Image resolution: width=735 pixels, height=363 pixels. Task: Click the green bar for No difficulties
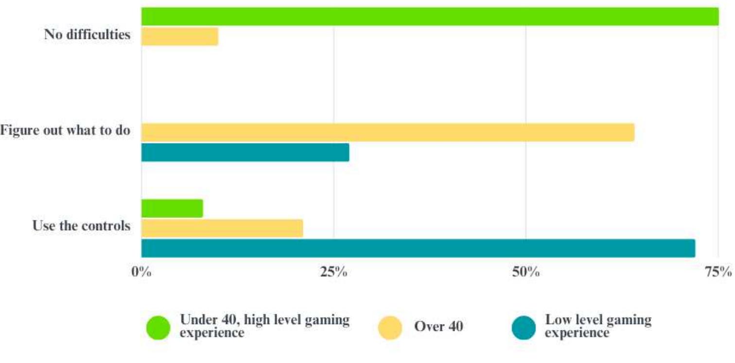tap(430, 17)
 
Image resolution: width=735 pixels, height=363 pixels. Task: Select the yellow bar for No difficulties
tap(179, 36)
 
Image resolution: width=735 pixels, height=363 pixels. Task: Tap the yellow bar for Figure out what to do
tap(387, 132)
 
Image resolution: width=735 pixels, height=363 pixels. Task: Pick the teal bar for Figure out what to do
tap(245, 152)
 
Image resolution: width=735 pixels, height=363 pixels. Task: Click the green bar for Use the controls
tap(172, 208)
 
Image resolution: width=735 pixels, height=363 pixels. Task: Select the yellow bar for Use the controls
tap(222, 228)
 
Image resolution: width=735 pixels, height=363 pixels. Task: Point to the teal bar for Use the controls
tap(418, 248)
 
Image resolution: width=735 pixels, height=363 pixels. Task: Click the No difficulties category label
tap(87, 35)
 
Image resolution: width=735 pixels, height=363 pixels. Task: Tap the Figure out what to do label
tap(65, 131)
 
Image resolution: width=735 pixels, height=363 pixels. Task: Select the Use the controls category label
tap(81, 226)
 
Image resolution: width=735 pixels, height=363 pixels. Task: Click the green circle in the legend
tap(158, 327)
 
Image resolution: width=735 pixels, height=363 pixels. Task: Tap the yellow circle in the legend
tap(390, 327)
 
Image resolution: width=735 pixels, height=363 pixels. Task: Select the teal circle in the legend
tap(524, 327)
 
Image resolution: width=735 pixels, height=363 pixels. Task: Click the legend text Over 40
tap(438, 327)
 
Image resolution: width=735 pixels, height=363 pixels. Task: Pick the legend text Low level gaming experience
tap(598, 327)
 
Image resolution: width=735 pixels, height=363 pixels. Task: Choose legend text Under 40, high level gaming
tap(264, 327)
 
